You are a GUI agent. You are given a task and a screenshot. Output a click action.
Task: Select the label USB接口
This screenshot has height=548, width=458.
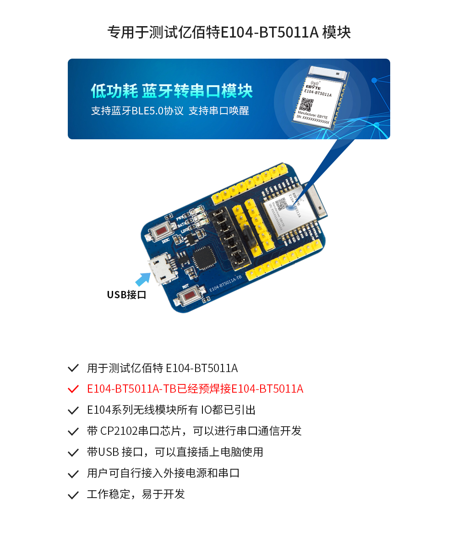[x=126, y=295]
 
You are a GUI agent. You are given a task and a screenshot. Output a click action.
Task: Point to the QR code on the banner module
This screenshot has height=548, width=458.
[x=307, y=105]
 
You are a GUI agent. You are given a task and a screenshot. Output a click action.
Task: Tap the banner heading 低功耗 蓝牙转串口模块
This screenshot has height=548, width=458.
[x=172, y=91]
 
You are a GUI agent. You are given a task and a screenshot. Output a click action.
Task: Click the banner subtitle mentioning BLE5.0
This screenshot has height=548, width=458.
[x=170, y=111]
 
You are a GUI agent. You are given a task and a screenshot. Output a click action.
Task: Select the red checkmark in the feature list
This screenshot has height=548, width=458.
[x=73, y=389]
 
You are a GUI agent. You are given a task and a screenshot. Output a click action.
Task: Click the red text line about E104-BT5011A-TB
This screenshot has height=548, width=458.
[x=195, y=389]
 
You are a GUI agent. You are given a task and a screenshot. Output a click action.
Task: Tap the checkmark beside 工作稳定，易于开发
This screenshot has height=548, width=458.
[x=73, y=495]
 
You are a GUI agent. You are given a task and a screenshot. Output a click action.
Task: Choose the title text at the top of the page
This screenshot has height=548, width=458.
[x=229, y=33]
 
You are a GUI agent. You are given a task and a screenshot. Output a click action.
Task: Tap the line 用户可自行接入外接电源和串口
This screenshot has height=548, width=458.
[x=163, y=473]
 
